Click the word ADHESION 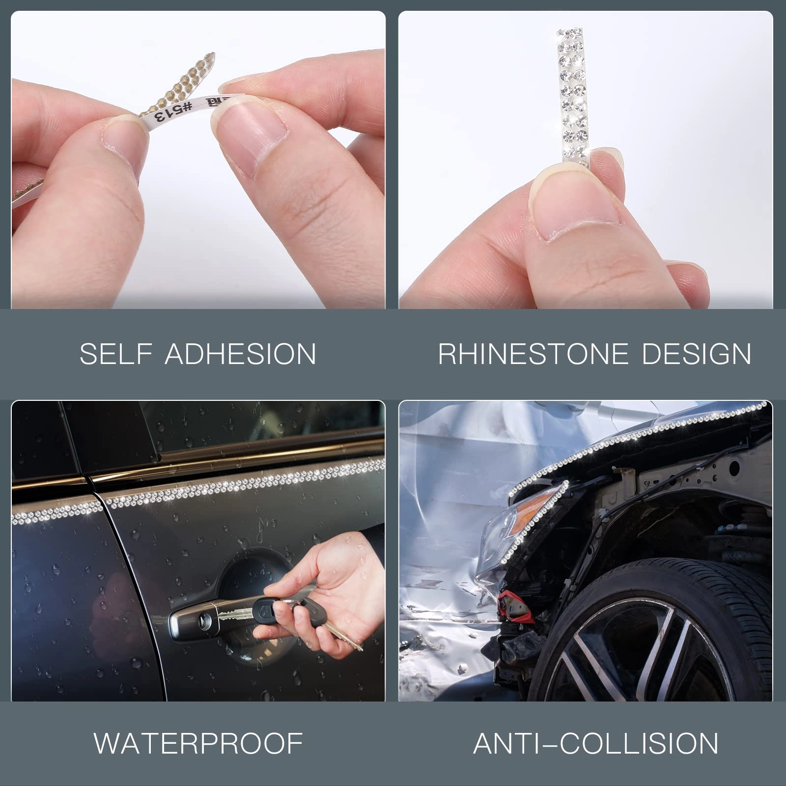point(240,354)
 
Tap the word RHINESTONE point(533,354)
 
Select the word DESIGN point(696,354)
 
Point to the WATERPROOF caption point(198,743)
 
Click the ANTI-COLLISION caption point(595,743)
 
